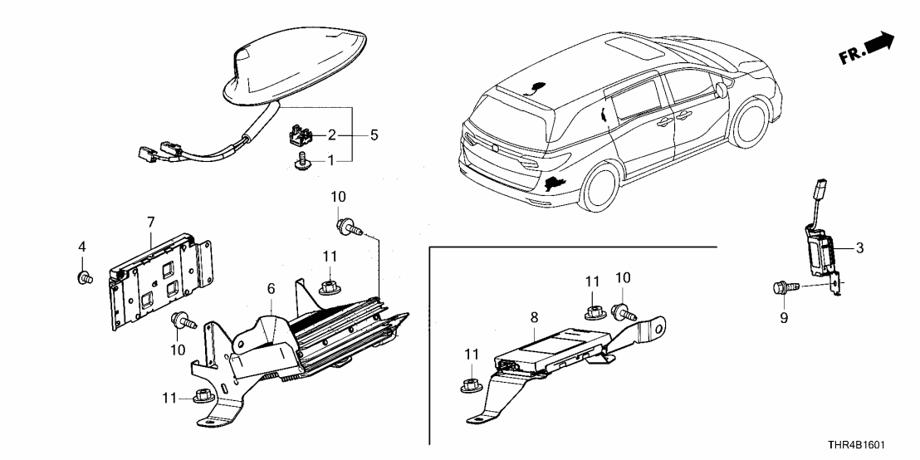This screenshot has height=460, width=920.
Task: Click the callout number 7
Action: point(150,222)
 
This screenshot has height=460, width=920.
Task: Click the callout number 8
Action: point(535,316)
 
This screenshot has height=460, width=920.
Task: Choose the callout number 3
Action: point(860,247)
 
